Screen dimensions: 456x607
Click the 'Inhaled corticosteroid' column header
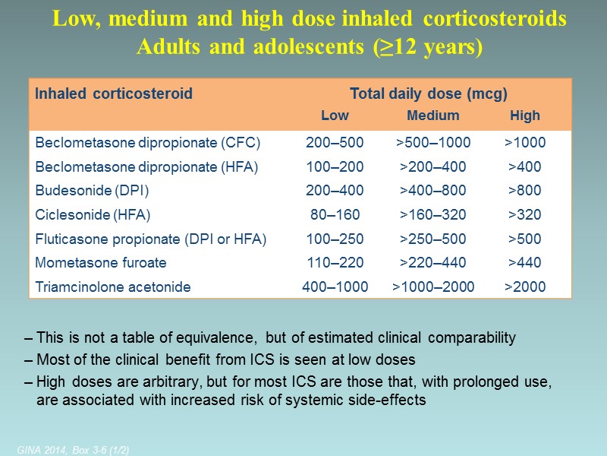click(x=114, y=94)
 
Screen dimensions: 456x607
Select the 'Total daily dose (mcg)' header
click(x=428, y=94)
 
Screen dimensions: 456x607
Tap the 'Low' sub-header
click(x=335, y=116)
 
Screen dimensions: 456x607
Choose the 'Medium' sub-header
click(x=433, y=116)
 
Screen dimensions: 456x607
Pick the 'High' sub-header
click(x=525, y=116)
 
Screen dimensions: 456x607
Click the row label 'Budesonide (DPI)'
click(x=92, y=190)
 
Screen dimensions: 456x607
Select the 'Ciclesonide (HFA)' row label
click(x=93, y=214)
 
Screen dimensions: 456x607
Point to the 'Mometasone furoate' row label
click(x=101, y=262)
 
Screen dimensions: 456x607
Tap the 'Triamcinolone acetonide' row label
click(x=112, y=287)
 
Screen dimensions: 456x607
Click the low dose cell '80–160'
click(x=335, y=214)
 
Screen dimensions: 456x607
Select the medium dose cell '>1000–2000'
click(x=433, y=287)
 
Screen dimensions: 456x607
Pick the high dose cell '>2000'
click(x=525, y=287)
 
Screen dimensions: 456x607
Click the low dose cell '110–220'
click(x=335, y=262)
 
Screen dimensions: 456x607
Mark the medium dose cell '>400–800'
click(x=433, y=190)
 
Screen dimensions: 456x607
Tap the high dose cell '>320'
click(x=525, y=214)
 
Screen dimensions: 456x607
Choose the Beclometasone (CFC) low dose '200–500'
click(x=335, y=142)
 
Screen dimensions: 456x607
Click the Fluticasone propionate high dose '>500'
click(x=525, y=239)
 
